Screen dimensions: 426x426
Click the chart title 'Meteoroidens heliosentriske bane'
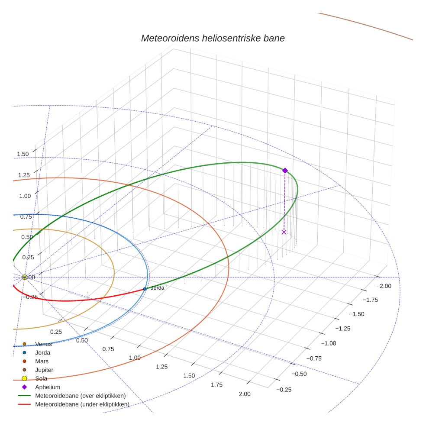[213, 38]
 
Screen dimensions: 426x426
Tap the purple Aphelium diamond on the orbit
[285, 171]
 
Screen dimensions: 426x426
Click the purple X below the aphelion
[284, 232]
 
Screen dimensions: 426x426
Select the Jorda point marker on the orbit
[145, 289]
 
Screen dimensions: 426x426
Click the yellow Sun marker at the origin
[25, 277]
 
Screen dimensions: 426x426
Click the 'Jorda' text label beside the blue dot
[157, 287]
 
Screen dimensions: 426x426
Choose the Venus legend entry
[43, 344]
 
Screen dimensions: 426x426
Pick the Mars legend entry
[42, 361]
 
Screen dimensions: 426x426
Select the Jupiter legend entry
[44, 370]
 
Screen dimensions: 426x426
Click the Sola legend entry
[41, 378]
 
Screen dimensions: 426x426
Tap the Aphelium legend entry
[47, 387]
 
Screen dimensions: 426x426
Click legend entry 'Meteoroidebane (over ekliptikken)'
[81, 396]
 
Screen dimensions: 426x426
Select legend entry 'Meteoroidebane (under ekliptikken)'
[82, 404]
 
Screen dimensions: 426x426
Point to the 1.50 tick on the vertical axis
[23, 154]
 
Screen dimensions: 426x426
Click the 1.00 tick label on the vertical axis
[25, 196]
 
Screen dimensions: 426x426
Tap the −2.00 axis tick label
[383, 286]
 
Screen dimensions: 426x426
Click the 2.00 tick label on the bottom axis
[245, 394]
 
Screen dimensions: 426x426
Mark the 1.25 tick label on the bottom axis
[161, 367]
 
